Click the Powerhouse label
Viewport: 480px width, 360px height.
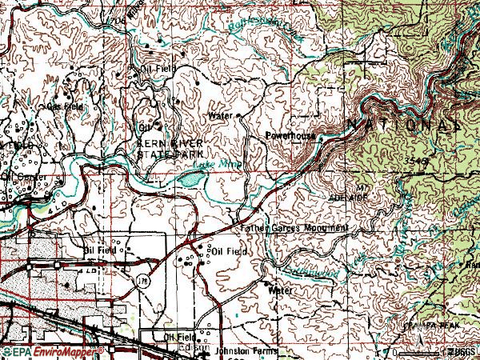(292, 137)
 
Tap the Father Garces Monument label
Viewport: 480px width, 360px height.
(294, 228)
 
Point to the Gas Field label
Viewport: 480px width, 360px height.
(66, 106)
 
